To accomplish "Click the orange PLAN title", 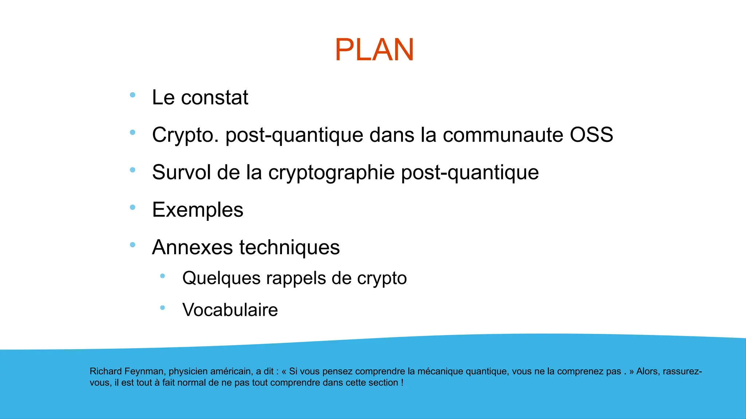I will (374, 50).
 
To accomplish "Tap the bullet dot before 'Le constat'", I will (133, 95).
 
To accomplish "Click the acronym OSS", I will (591, 135).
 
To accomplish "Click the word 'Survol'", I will (181, 172).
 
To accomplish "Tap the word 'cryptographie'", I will (331, 173).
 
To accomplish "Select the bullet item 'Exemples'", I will (198, 210).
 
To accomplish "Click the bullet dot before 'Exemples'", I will (133, 207).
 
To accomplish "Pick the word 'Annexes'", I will (192, 247).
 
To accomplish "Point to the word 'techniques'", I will (289, 247).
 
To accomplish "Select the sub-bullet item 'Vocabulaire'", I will (230, 310).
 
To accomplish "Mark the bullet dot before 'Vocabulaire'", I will (162, 308).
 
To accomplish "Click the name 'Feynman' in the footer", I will (145, 371).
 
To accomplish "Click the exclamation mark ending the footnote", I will (402, 383).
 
